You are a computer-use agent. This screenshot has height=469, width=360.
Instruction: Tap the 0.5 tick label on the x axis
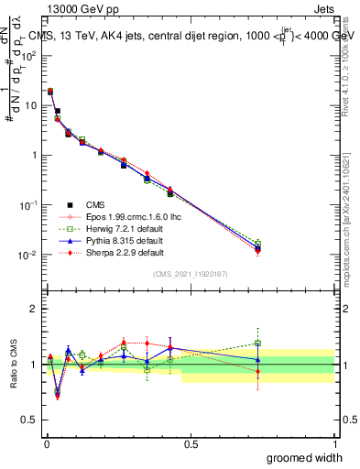tap(191, 443)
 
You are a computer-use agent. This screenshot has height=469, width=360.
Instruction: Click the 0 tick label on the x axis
tap(47, 443)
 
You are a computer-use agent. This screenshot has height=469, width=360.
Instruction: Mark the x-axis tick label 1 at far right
tap(334, 443)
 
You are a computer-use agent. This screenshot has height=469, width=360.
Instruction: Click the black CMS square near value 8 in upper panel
tap(57, 111)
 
